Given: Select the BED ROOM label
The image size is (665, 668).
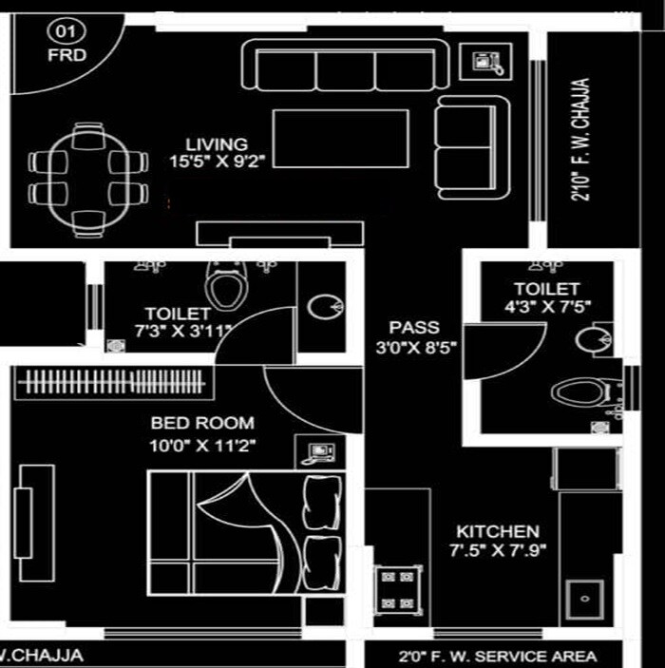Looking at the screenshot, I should click(202, 423).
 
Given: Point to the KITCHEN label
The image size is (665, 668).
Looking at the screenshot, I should click(497, 531).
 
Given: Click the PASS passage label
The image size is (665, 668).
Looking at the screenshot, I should click(414, 329).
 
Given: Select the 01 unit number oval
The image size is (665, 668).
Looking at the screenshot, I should click(66, 31).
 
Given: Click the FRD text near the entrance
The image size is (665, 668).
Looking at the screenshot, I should click(66, 55).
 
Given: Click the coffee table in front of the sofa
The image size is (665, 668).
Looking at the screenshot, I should click(342, 139).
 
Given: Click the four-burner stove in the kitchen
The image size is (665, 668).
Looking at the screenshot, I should click(397, 589).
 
